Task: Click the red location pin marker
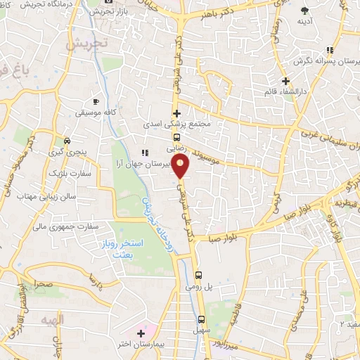pyautogui.click(x=181, y=167)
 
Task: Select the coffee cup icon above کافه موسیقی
pyautogui.click(x=96, y=101)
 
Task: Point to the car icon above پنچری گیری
pyautogui.click(x=67, y=139)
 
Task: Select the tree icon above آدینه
pyautogui.click(x=304, y=10)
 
